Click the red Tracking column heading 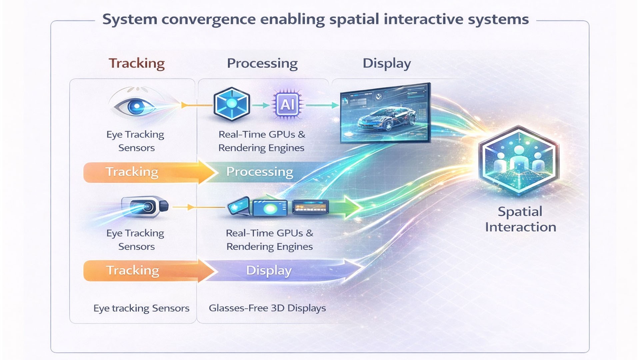tap(137, 63)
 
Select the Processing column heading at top tap(262, 63)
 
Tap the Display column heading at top tap(387, 63)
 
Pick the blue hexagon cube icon tap(232, 104)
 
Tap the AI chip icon tap(287, 105)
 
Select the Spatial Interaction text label tap(520, 219)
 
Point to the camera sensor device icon tap(145, 207)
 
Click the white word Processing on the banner tap(259, 172)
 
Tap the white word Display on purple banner tap(269, 270)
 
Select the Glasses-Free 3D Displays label tap(267, 308)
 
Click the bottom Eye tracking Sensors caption tap(141, 308)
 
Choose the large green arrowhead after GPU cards tap(353, 207)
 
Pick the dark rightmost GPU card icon tap(310, 207)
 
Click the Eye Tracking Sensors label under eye tap(136, 141)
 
